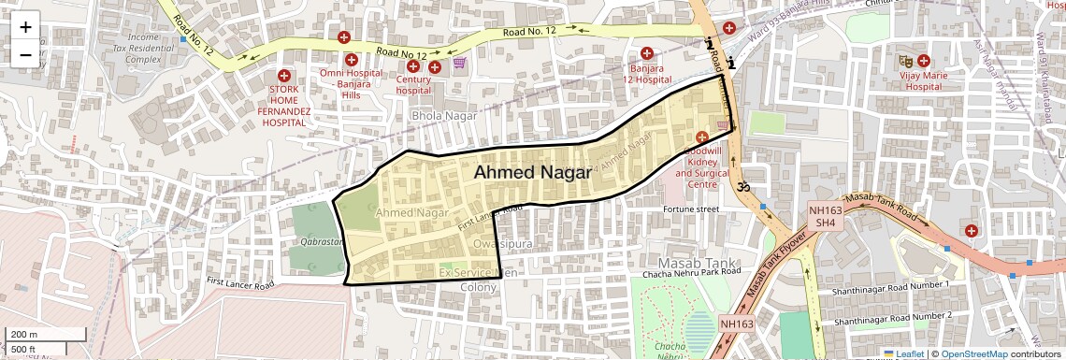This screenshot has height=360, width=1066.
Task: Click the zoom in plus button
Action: point(25,27)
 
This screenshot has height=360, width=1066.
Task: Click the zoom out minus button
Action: point(25,54)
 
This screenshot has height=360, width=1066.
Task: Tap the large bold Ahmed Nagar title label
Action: point(532,172)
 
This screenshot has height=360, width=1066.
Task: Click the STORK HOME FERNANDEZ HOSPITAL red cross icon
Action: point(284,75)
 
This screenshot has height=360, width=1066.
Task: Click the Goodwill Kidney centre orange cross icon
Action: point(701,137)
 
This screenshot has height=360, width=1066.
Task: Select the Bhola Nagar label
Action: point(444,116)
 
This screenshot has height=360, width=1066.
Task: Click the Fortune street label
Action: point(691,209)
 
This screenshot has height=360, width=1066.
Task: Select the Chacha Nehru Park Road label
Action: point(691,271)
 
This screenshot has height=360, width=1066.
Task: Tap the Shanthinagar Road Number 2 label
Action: point(893,317)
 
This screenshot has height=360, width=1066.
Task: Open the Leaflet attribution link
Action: point(904,353)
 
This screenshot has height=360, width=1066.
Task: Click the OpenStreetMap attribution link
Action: point(973,353)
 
